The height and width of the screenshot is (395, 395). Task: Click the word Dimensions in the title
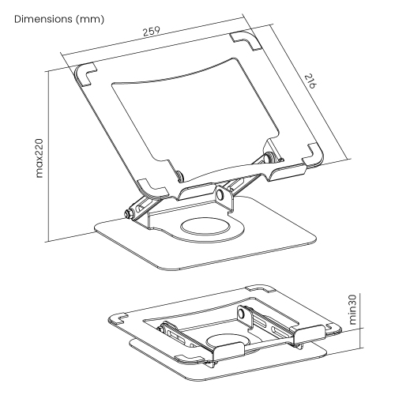point(43,19)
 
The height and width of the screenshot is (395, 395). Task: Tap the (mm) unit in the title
point(90,20)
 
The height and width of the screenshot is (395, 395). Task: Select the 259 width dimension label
point(152,32)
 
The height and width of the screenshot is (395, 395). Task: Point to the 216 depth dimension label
point(310,81)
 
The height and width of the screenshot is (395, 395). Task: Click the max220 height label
point(39,158)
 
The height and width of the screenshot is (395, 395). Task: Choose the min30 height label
point(353,310)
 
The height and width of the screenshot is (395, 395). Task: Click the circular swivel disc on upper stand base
point(205,226)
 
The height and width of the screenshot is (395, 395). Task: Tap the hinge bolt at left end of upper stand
point(129,213)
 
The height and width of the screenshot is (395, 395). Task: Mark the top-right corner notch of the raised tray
point(246,40)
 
